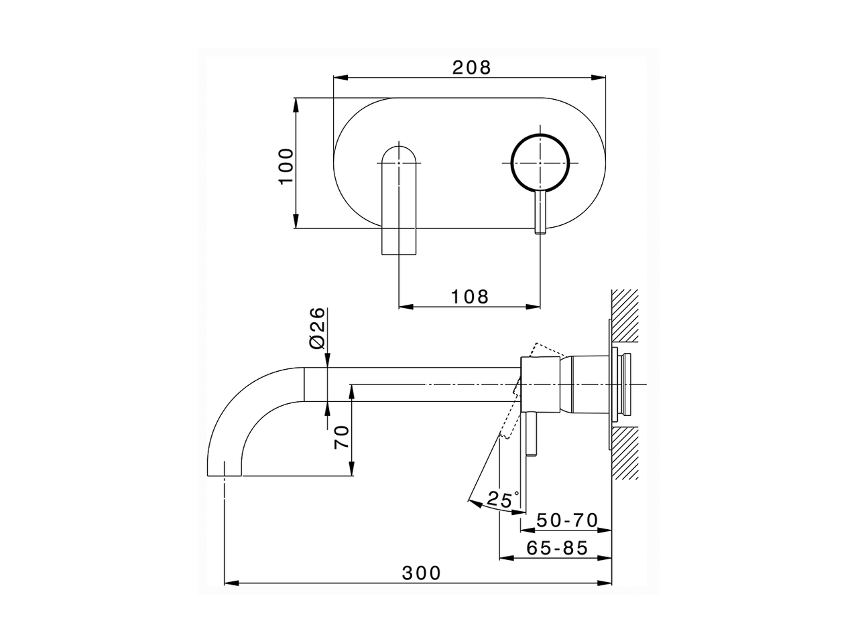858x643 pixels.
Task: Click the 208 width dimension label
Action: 471,67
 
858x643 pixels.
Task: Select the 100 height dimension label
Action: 286,167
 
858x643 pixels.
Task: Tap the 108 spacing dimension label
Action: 470,296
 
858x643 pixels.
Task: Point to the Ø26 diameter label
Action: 318,327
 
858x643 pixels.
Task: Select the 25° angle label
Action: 503,499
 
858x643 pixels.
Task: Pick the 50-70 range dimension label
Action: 567,520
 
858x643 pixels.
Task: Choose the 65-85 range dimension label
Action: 557,548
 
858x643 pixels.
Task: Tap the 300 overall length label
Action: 422,573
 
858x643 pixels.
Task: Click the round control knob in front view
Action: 540,161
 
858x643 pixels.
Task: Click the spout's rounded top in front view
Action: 400,155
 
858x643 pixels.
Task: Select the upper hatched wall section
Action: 625,315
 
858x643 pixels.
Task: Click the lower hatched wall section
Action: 625,453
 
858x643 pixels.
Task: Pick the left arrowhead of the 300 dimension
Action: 229,583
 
